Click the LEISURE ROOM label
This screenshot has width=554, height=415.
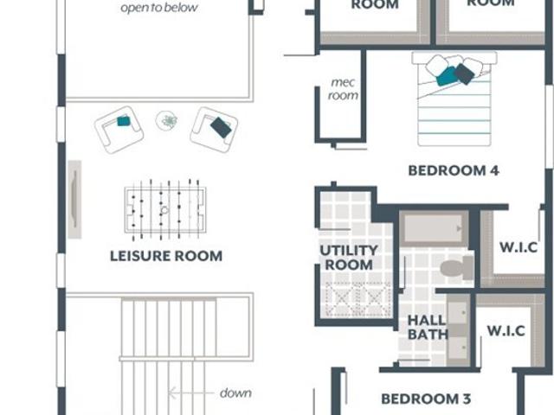166,256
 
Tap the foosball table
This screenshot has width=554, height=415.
165,210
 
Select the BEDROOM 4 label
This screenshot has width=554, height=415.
454,171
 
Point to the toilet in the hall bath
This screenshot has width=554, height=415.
457,268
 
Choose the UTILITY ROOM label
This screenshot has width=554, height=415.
349,258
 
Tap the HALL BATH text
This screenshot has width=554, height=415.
428,328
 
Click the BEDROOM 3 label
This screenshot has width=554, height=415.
426,399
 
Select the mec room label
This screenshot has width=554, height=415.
343,89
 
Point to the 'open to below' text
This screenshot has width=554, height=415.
159,8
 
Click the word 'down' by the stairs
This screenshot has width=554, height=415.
235,393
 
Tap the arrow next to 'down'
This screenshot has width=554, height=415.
190,393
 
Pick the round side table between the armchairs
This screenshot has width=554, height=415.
166,121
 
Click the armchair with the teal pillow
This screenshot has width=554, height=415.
119,130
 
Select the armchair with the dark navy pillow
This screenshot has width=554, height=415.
214,130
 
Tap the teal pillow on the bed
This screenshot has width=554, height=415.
448,77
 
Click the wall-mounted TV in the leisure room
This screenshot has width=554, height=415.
74,200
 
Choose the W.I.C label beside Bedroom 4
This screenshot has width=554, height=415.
519,247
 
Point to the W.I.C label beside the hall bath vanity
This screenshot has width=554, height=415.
506,331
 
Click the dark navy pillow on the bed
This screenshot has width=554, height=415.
464,73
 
